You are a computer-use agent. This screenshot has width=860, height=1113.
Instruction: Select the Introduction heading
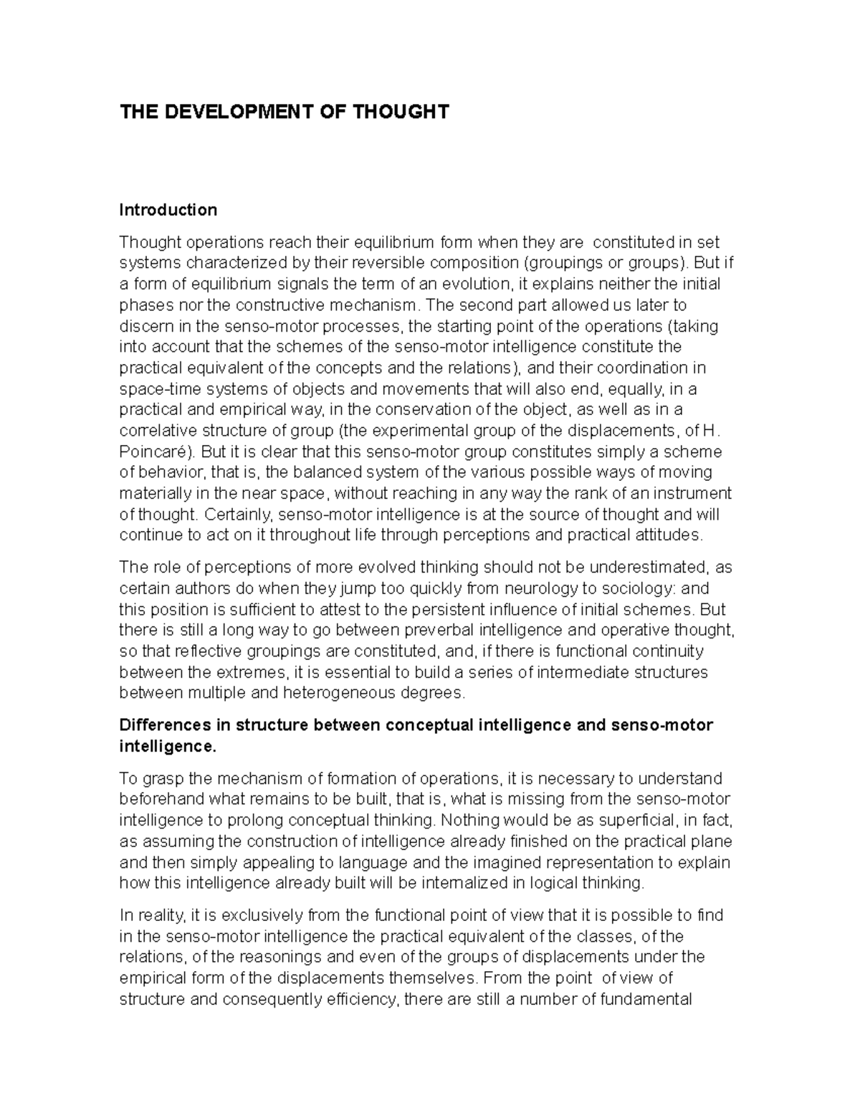[x=168, y=210]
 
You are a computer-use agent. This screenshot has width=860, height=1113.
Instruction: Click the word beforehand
[x=160, y=799]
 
